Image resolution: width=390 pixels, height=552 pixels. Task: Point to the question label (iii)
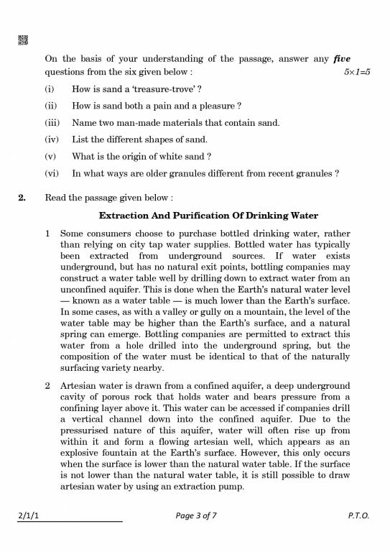tap(51, 122)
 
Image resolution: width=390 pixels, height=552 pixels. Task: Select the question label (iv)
tap(51, 139)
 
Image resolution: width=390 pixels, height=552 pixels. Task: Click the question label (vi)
tap(51, 173)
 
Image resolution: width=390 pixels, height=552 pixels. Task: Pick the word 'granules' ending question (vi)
tap(314, 173)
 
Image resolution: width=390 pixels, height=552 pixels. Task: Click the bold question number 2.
tap(22, 198)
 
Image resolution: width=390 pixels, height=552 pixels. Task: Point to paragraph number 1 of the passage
tap(48, 234)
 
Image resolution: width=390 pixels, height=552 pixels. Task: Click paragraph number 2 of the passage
tap(48, 386)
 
